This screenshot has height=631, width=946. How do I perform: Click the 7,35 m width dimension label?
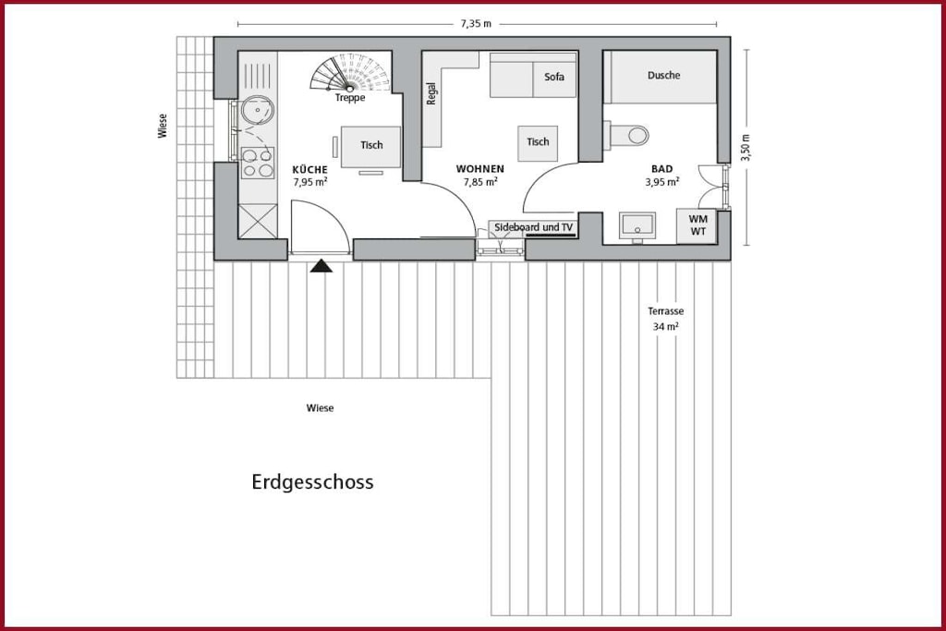[x=476, y=24]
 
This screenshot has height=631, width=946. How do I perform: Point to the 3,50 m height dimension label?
[x=746, y=147]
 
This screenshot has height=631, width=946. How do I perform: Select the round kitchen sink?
[x=258, y=110]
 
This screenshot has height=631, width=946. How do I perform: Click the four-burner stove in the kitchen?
[x=258, y=163]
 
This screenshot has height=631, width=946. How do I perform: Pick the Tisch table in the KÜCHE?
[x=371, y=147]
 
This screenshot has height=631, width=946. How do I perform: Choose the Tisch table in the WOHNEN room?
[x=538, y=143]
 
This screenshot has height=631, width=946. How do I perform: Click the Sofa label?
[x=554, y=77]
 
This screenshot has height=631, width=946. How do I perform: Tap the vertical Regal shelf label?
[x=431, y=93]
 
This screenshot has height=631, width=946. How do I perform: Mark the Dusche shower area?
[x=663, y=77]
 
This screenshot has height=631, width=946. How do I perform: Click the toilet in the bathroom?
[x=627, y=135]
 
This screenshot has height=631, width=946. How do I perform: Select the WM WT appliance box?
[x=697, y=225]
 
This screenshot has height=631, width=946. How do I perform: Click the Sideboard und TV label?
[x=533, y=227]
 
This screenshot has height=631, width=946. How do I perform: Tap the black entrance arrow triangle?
[x=321, y=265]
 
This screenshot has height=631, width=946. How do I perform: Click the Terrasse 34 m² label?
[x=665, y=319]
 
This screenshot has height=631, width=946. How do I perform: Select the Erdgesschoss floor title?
[x=312, y=482]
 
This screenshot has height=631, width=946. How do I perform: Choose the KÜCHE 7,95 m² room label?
[x=310, y=176]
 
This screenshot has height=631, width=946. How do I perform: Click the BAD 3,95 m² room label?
[x=661, y=176]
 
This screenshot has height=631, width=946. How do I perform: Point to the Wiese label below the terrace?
[x=320, y=407]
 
